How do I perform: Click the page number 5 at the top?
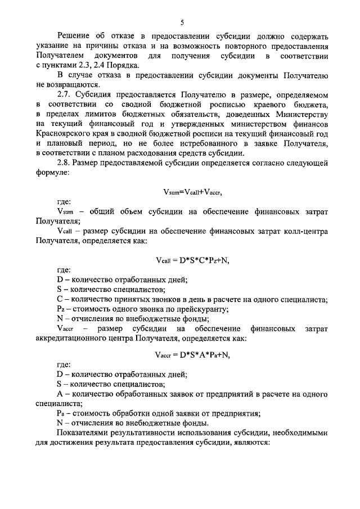click(182, 22)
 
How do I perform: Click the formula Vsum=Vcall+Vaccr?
click(193, 192)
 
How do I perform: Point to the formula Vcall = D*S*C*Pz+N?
click(193, 260)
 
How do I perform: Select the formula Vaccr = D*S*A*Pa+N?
click(193, 355)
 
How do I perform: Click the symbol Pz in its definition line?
click(61, 308)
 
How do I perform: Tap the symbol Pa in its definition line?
click(61, 413)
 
